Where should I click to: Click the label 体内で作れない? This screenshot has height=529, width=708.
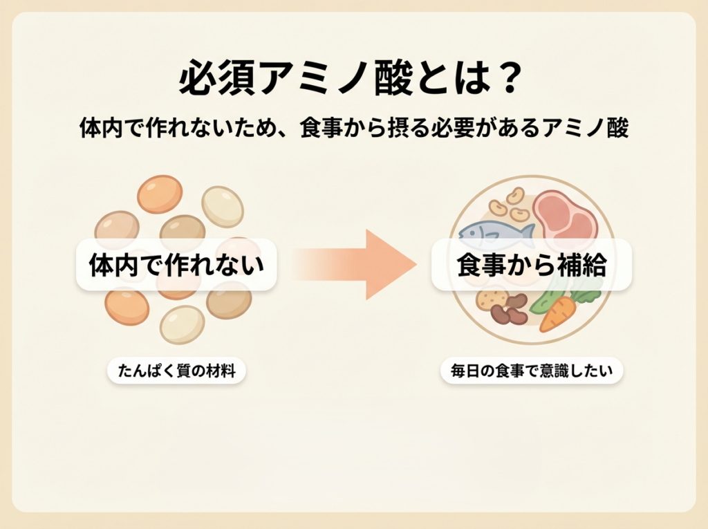coord(176,266)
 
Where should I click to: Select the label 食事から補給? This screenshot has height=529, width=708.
coord(531,266)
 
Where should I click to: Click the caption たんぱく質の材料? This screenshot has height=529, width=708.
coord(176,371)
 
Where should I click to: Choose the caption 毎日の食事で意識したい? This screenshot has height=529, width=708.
coord(531,371)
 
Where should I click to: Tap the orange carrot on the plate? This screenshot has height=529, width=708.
coord(559,314)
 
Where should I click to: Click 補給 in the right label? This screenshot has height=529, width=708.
coord(581,266)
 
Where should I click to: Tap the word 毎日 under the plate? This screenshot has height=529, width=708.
coord(463,371)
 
